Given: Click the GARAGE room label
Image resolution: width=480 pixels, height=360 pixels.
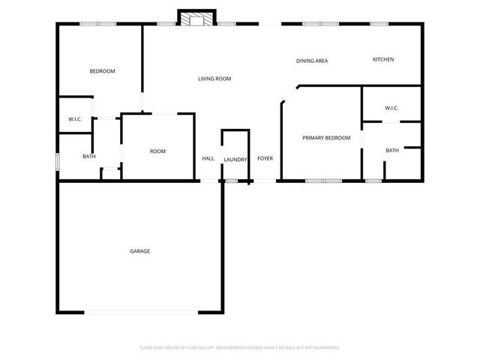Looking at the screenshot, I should point(139,251).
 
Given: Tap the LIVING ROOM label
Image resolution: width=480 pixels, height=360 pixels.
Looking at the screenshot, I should point(214,79).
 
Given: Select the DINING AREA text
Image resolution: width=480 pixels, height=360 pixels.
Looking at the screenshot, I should point(312,61).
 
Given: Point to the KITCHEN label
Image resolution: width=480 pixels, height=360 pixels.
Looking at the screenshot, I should point(383,59).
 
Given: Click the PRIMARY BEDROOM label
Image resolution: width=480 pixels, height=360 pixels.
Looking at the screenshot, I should point(326,138).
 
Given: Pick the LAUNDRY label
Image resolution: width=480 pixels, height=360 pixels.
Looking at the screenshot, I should point(235,160).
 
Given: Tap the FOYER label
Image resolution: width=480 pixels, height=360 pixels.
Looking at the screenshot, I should point(265,159).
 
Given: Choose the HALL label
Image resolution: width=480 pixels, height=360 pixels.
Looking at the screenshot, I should point(208,159).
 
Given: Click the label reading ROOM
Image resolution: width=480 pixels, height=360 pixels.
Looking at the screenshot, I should point(157,151).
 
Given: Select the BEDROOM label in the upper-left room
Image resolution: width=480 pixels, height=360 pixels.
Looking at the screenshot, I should point(102,71).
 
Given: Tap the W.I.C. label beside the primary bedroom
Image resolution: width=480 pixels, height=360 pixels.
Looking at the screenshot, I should point(391,108).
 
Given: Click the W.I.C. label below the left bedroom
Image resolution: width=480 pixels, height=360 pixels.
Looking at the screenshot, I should point(75,119).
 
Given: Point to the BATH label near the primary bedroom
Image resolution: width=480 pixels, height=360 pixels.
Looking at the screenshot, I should point(392,151).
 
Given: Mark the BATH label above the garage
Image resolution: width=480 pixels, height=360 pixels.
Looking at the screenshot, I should point(89,157).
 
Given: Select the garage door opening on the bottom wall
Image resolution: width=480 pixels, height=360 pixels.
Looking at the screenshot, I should point(141,312).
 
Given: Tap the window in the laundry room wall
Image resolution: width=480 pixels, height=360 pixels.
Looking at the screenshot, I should point(232,181).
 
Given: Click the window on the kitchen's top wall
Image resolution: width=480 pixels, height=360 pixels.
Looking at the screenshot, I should point(379,24).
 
